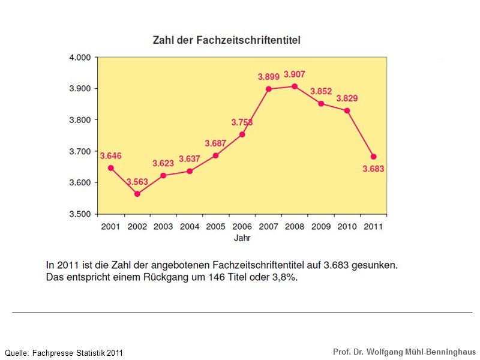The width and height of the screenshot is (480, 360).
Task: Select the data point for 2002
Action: (x=137, y=194)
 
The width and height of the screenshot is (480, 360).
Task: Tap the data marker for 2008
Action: (x=295, y=86)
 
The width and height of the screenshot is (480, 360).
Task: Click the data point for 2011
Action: (x=373, y=157)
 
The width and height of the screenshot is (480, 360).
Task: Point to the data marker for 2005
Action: (x=216, y=155)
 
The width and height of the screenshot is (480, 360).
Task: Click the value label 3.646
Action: (x=110, y=156)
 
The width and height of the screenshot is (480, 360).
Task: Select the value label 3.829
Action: (x=347, y=98)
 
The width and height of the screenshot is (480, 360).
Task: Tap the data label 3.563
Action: (x=137, y=182)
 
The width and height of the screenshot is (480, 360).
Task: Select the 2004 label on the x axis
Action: (x=190, y=227)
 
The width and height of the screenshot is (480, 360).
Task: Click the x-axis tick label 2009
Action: (x=320, y=227)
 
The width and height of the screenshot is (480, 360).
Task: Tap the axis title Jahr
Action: (x=242, y=238)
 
